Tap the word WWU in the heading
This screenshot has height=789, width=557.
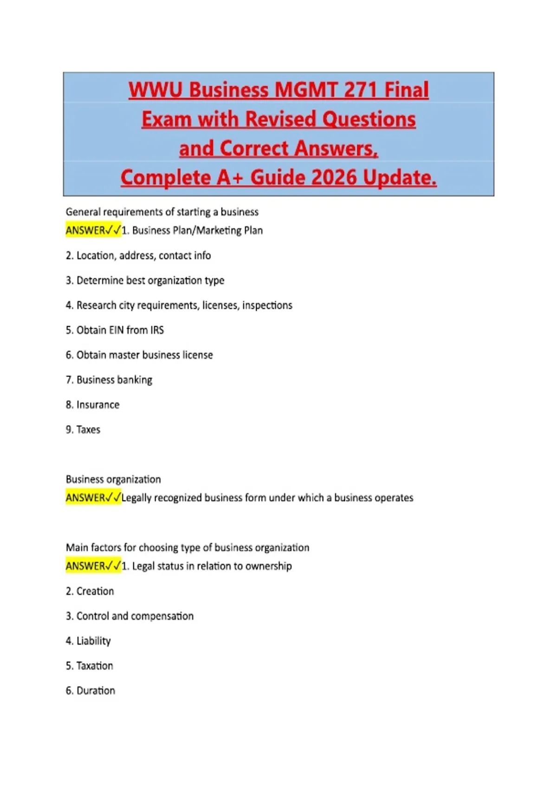tap(155, 90)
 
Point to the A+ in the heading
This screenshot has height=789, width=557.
tap(230, 178)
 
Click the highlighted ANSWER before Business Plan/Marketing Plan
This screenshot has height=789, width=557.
tap(85, 231)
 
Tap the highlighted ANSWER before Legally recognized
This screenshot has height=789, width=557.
tap(85, 498)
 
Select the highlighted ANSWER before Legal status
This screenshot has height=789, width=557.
tap(85, 566)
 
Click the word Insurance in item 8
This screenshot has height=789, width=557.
tap(98, 405)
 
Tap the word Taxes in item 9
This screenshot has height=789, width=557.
tap(88, 430)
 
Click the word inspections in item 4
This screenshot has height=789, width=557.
tap(267, 305)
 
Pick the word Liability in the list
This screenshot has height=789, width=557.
tap(93, 641)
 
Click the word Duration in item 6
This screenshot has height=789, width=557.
tap(96, 691)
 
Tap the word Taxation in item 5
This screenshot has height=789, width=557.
tap(95, 666)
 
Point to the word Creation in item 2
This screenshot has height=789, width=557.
tap(95, 591)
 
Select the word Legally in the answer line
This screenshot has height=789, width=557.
tap(136, 498)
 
